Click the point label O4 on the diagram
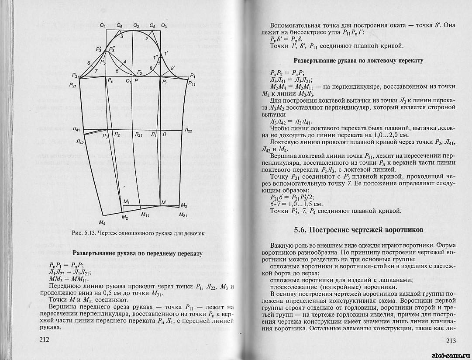103,26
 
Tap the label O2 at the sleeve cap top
136,26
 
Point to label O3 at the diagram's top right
164,26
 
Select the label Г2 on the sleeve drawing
140,72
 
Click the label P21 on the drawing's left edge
72,85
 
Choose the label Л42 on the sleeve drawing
79,142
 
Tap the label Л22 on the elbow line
188,130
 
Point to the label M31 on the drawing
183,215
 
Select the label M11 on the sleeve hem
145,215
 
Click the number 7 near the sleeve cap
96,70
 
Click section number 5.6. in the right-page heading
302,229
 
